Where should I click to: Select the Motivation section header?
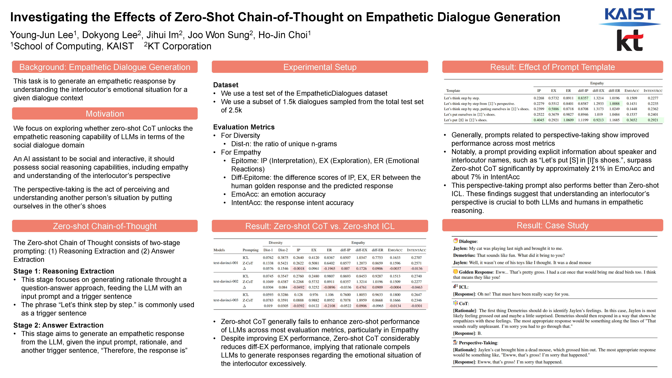point(105,114)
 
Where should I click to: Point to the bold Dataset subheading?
point(226,85)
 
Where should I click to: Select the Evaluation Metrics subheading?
point(244,127)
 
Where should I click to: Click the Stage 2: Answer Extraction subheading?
point(58,325)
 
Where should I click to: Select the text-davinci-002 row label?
point(226,282)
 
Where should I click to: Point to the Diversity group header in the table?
point(275,243)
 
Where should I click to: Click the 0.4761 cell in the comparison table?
point(361,287)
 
